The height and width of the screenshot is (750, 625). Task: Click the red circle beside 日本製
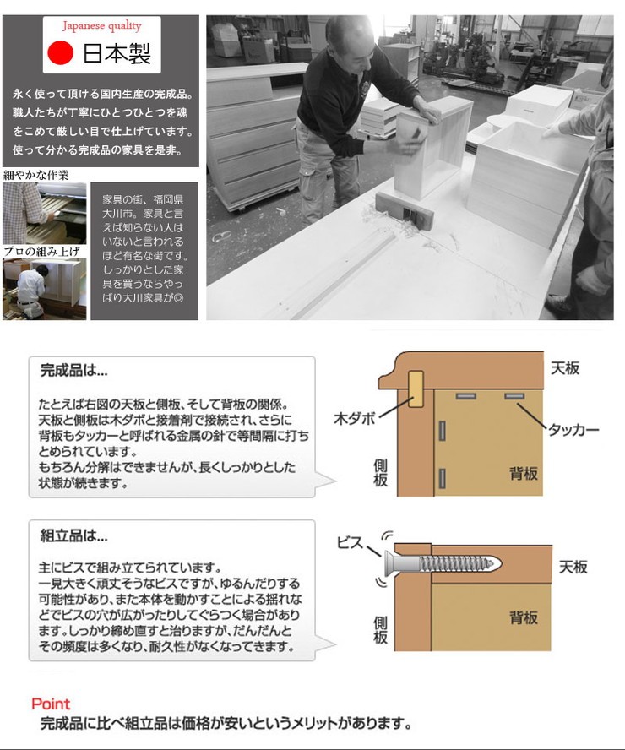tap(60, 52)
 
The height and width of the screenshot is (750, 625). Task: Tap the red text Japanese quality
tap(102, 26)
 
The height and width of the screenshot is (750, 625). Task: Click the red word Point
tap(51, 704)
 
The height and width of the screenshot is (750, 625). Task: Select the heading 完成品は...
tap(74, 370)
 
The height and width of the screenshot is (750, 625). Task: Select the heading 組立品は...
tap(74, 535)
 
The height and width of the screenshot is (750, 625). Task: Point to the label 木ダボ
tap(355, 419)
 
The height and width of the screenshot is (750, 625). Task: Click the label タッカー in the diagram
tap(573, 430)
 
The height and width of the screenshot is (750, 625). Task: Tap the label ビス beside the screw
tap(351, 542)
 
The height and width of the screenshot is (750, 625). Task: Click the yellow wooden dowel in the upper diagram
tap(416, 389)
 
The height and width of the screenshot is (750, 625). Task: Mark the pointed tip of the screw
tap(500, 564)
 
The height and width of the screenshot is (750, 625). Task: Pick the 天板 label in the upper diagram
tap(565, 368)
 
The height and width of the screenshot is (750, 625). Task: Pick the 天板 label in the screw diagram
tap(573, 568)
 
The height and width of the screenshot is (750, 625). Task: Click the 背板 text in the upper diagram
tap(524, 474)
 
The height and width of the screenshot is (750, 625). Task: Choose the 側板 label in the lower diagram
tap(380, 630)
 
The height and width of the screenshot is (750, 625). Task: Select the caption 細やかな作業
tap(35, 175)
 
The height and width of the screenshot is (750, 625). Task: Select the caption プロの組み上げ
tap(41, 252)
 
